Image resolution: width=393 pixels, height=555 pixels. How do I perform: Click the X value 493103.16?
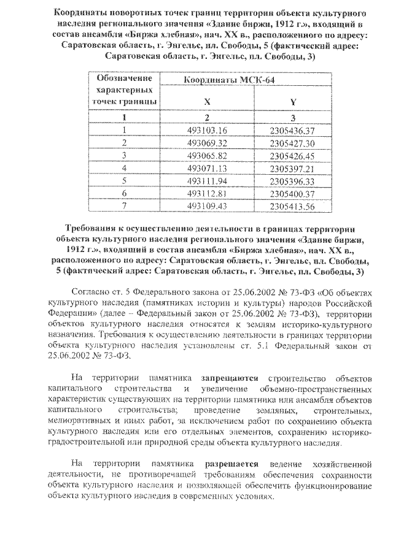click(x=207, y=130)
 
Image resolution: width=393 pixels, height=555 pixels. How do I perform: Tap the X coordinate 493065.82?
click(x=207, y=156)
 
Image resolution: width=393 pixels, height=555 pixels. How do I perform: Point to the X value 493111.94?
click(x=207, y=182)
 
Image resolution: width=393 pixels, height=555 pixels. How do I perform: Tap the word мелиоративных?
click(x=82, y=422)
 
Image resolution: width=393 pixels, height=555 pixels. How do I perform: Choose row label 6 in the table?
click(x=124, y=194)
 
